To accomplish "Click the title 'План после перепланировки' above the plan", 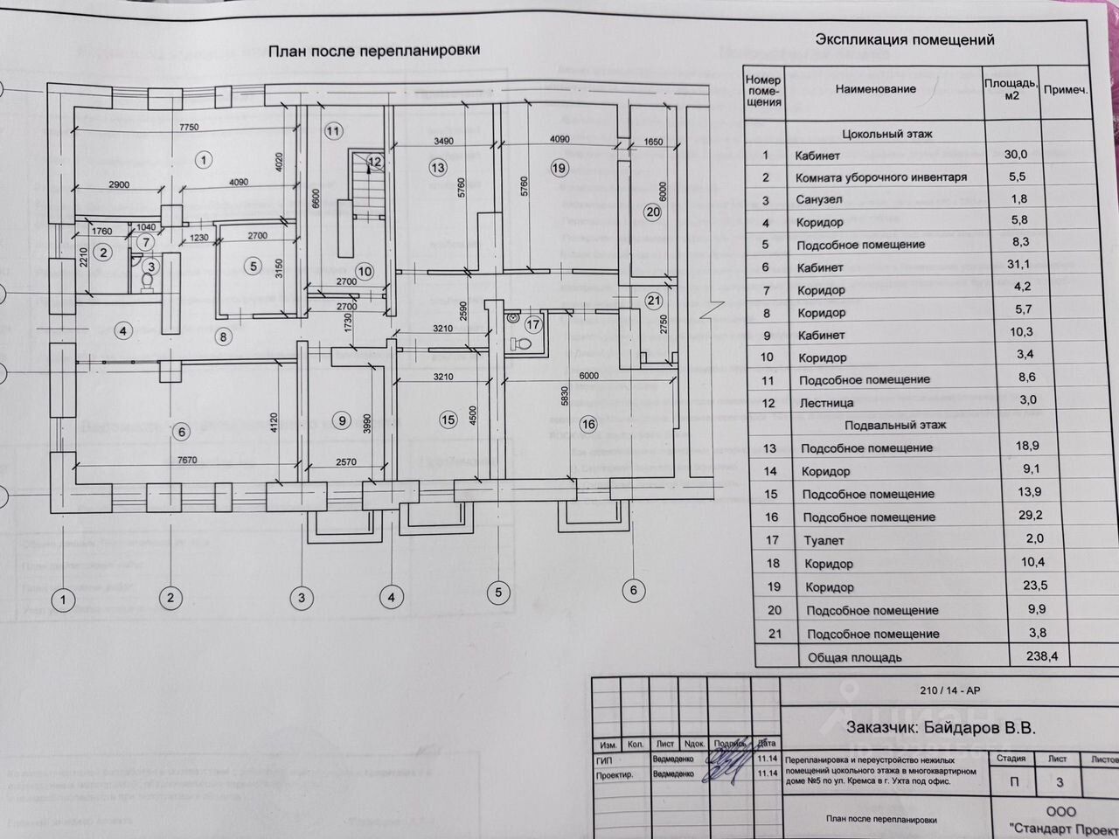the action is (x=373, y=52).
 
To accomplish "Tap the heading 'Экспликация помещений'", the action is (x=904, y=39).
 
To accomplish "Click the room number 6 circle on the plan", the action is (x=181, y=431).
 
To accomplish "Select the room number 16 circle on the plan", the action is (x=587, y=425).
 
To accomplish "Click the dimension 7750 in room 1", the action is (x=189, y=128).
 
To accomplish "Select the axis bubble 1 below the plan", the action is (x=63, y=599).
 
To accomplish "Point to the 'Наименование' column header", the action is (x=875, y=89).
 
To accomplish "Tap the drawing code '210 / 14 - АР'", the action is (x=950, y=690).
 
